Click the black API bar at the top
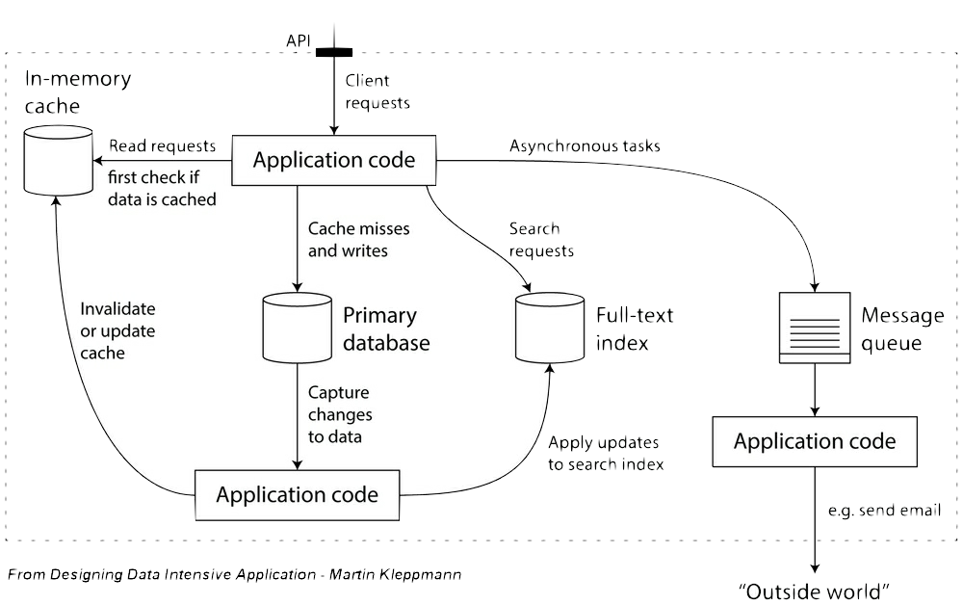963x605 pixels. [333, 52]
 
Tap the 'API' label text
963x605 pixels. [298, 40]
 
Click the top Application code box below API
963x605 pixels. [334, 160]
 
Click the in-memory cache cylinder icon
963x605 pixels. [58, 157]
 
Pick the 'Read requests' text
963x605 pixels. [162, 146]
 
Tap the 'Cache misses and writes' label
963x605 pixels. [357, 240]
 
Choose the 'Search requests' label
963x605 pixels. [540, 240]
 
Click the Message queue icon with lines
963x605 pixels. [815, 328]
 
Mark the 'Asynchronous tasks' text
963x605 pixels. [585, 146]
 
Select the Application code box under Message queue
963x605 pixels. [815, 442]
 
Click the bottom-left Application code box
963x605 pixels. [297, 495]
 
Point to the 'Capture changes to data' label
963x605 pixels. [338, 415]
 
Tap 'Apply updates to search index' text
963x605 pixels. [605, 453]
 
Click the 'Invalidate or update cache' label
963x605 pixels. [117, 330]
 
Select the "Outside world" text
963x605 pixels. [813, 590]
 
